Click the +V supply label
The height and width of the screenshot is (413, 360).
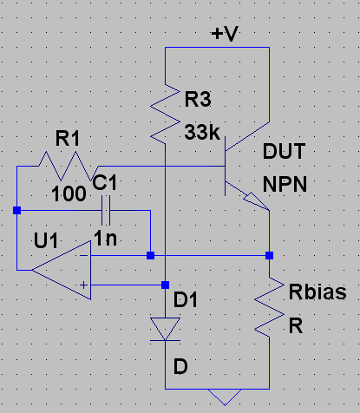pos(225,34)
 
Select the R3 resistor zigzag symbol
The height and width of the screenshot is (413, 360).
pos(165,115)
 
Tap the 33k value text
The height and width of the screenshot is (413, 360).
pos(202,132)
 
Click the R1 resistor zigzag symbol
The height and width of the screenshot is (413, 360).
pos(69,167)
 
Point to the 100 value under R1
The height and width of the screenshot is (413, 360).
pos(69,193)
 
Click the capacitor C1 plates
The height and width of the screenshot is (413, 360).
pos(106,210)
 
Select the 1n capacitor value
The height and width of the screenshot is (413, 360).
pos(105,239)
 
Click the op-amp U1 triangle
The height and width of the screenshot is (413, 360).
pos(62,271)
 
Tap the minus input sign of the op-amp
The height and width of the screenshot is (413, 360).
pos(84,255)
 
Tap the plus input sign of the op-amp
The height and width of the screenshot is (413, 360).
pos(84,285)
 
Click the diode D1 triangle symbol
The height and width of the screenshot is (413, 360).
pos(165,329)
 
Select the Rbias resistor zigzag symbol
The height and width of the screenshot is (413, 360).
pos(270,307)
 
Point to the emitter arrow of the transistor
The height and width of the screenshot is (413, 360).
pos(256,200)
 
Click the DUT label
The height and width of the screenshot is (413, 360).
pos(284,151)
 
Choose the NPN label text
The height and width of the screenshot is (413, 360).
pos(285,184)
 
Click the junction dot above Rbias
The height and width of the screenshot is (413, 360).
pos(270,255)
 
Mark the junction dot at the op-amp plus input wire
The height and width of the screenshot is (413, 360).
pos(165,285)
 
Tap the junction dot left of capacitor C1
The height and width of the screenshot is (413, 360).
pos(16,210)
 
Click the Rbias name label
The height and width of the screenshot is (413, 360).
pos(317,292)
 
